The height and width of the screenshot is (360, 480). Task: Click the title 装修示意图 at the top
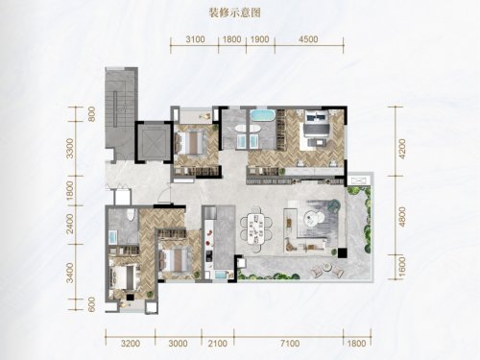pyautogui.click(x=234, y=13)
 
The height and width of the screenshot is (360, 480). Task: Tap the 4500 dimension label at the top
pyautogui.click(x=308, y=39)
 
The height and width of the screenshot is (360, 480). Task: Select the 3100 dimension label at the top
pyautogui.click(x=195, y=39)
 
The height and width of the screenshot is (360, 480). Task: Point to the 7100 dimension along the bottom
pyautogui.click(x=290, y=344)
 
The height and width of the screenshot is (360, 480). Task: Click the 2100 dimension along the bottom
pyautogui.click(x=217, y=344)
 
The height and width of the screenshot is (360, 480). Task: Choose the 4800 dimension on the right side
pyautogui.click(x=402, y=217)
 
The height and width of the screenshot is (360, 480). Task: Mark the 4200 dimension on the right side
pyautogui.click(x=402, y=149)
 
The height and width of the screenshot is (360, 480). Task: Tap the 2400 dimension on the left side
pyautogui.click(x=70, y=224)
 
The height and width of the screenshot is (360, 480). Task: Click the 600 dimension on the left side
pyautogui.click(x=91, y=304)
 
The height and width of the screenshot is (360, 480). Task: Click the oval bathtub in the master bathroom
pyautogui.click(x=262, y=115)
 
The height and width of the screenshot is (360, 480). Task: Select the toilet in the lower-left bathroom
pyautogui.click(x=130, y=215)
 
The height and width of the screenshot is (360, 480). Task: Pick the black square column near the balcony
pyautogui.click(x=343, y=252)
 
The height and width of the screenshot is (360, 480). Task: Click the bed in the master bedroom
pyautogui.click(x=316, y=128)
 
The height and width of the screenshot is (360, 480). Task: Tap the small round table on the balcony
pyautogui.click(x=326, y=268)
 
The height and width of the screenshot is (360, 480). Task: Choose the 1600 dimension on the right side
pyautogui.click(x=402, y=268)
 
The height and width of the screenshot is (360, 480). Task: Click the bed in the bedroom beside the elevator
pyautogui.click(x=191, y=143)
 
